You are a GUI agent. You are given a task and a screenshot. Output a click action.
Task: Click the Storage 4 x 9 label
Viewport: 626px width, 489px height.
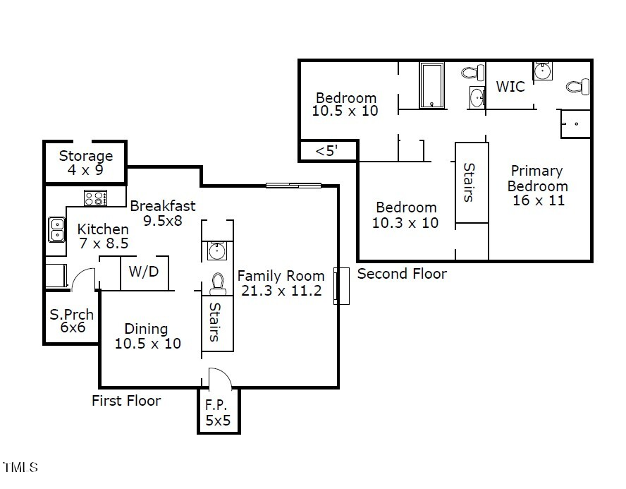click(x=85, y=162)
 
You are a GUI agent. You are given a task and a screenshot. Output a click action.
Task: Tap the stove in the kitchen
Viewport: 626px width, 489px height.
click(x=94, y=198)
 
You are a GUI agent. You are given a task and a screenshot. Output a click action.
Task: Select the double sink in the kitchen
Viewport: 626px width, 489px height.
click(x=56, y=230)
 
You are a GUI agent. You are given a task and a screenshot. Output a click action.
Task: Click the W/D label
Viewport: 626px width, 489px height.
click(x=144, y=271)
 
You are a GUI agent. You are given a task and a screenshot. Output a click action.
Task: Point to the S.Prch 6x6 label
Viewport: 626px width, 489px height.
click(x=71, y=322)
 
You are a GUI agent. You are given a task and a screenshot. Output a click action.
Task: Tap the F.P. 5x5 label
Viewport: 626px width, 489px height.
click(x=218, y=413)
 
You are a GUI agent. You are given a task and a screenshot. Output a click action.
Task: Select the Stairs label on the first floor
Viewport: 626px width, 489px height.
click(x=216, y=322)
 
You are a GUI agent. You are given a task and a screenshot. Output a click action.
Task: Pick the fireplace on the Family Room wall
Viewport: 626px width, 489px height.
click(x=341, y=286)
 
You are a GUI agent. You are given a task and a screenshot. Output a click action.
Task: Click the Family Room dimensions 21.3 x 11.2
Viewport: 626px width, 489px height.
click(x=280, y=290)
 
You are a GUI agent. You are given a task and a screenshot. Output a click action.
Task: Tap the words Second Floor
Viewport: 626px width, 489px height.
click(x=402, y=274)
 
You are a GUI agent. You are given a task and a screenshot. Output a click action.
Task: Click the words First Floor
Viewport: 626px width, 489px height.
click(x=126, y=401)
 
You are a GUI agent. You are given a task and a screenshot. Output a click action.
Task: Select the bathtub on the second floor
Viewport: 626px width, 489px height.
click(x=431, y=85)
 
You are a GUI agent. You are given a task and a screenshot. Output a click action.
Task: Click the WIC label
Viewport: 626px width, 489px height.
click(x=510, y=87)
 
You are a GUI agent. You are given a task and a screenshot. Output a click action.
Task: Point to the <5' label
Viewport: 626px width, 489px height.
click(x=326, y=151)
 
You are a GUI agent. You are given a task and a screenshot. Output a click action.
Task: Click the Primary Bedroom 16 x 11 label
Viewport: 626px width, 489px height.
click(x=537, y=186)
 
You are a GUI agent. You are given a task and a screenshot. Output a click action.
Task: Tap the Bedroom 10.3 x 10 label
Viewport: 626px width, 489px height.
click(x=405, y=215)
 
